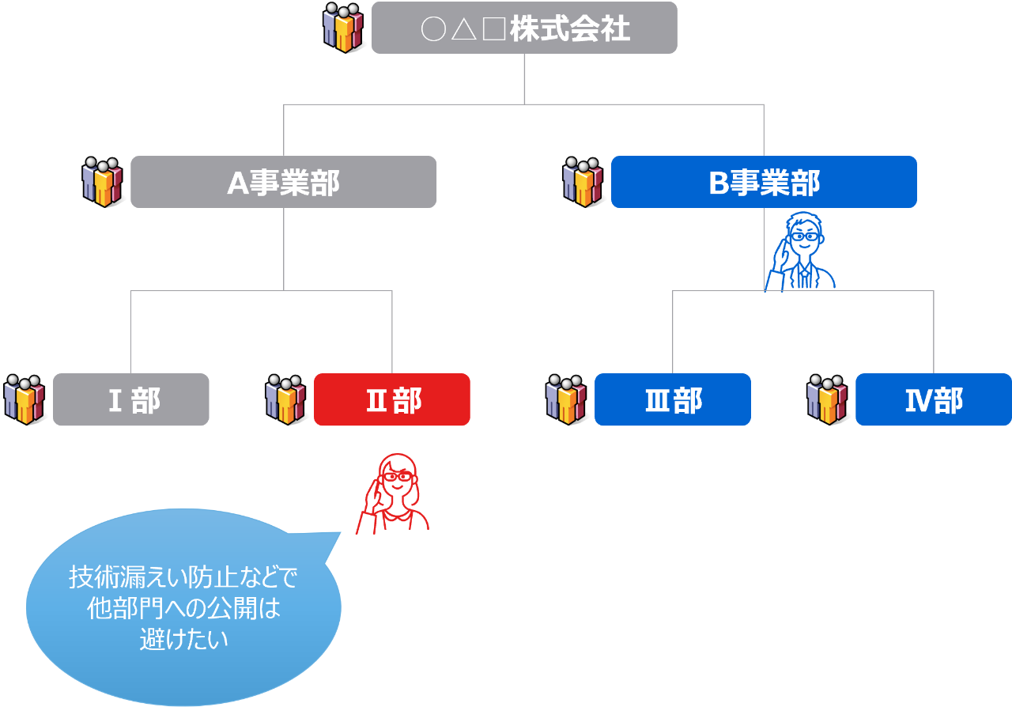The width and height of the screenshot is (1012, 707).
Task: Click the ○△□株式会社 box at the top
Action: [x=524, y=28]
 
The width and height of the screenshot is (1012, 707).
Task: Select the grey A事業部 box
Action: [x=283, y=182]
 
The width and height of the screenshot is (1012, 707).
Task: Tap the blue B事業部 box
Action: [x=764, y=182]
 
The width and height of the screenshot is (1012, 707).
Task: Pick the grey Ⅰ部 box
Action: [x=131, y=400]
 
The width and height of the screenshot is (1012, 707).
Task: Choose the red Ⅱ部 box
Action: [x=392, y=400]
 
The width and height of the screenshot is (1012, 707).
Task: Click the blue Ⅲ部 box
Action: [x=672, y=400]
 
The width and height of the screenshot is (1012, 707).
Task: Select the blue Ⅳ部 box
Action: [x=933, y=400]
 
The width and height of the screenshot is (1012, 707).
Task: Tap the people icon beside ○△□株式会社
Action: [x=343, y=28]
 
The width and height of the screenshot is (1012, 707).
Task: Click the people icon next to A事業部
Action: [x=102, y=182]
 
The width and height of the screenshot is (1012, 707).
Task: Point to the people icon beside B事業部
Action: [x=583, y=182]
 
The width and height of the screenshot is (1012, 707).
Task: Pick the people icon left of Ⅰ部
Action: [x=25, y=399]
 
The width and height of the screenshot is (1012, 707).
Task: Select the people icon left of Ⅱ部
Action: [x=285, y=399]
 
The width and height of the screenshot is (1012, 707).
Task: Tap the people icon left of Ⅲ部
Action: [x=566, y=399]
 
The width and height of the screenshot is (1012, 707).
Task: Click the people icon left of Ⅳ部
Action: [x=827, y=399]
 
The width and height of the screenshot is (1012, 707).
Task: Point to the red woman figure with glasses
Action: [x=395, y=494]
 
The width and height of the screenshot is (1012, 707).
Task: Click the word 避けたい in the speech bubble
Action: [x=183, y=639]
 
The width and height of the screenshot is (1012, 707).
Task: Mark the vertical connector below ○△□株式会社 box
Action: [x=524, y=78]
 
